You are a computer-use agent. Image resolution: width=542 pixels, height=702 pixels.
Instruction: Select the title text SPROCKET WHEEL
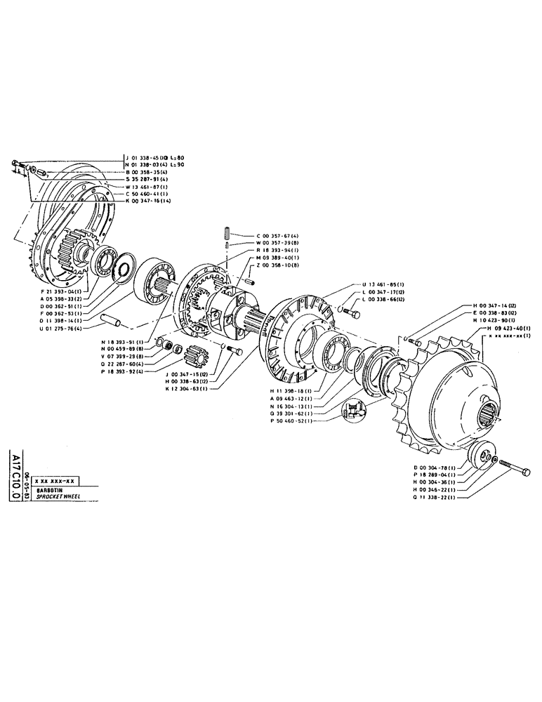(59, 496)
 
